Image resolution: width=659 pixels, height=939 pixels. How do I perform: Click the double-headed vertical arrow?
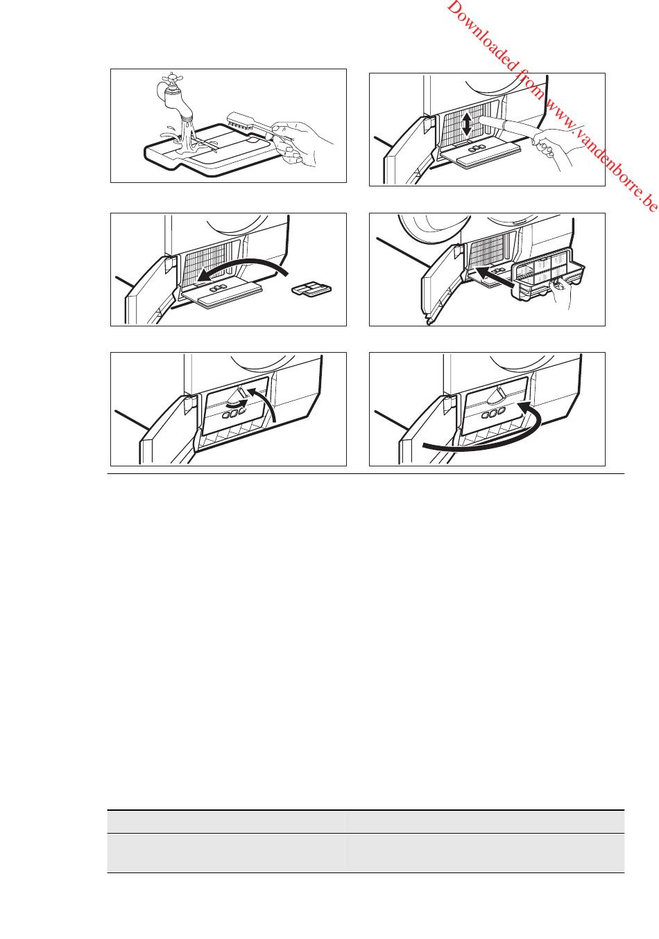tap(466, 124)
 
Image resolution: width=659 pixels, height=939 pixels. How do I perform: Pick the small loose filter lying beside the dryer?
tap(311, 289)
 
